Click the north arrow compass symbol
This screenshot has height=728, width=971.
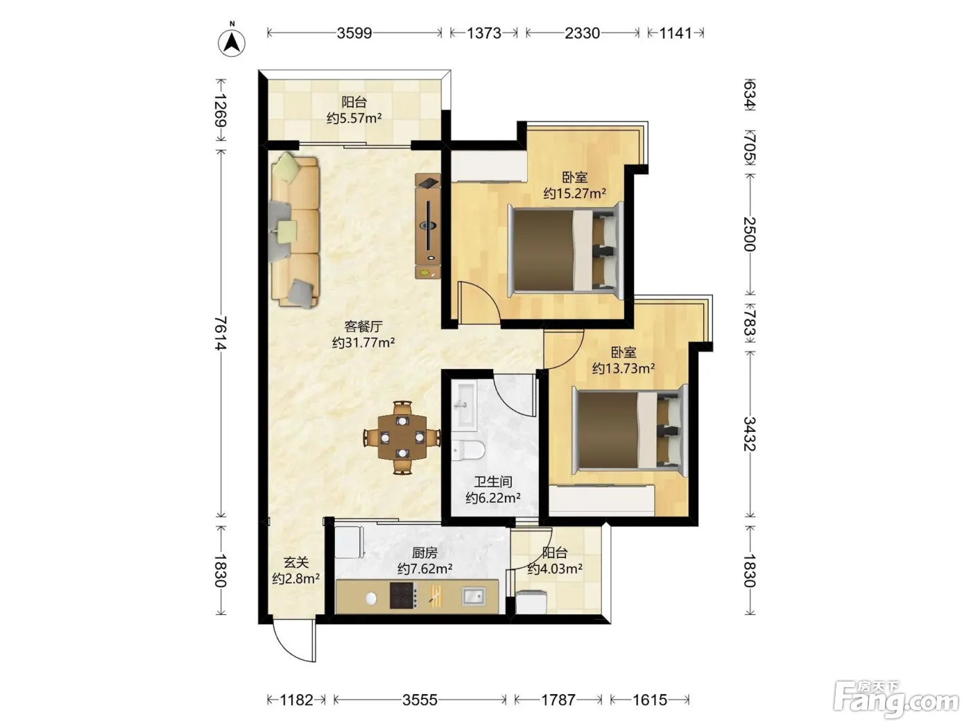[x=232, y=42]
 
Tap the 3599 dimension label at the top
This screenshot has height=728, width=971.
[x=354, y=33]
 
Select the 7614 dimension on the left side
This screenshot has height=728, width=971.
[x=221, y=333]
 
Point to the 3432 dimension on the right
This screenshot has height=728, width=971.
[x=750, y=433]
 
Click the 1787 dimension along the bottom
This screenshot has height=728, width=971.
[x=558, y=700]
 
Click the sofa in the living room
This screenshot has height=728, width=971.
[x=294, y=230]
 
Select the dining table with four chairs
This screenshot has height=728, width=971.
[x=402, y=437]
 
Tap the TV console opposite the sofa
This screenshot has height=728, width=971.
[x=428, y=226]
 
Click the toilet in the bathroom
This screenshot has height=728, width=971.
[x=468, y=450]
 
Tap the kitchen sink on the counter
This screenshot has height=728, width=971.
[x=473, y=596]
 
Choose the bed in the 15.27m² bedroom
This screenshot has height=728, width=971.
[x=565, y=250]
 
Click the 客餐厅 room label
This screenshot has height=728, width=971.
[x=363, y=327]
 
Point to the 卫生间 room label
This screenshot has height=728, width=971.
[x=493, y=482]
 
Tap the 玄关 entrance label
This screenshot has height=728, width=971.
[x=296, y=562]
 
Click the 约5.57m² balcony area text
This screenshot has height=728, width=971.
[x=354, y=118]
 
